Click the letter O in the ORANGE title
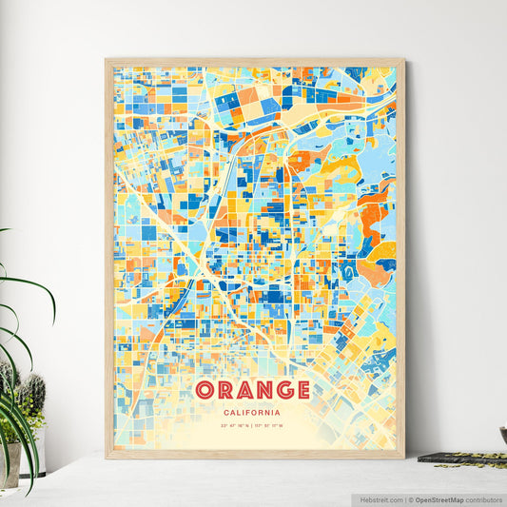coord(205,390)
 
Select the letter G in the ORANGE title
coord(282,390)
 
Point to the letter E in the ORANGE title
coord(302,390)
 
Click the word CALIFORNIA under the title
coord(253,412)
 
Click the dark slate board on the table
coord(461,458)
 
